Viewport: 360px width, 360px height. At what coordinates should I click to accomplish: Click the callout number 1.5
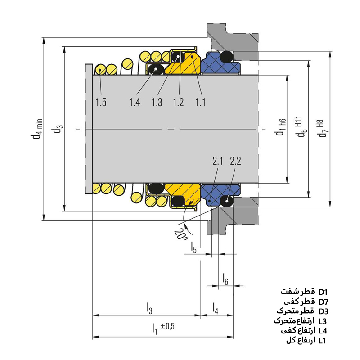[x=101, y=103]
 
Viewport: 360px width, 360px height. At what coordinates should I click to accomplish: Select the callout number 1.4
[x=135, y=103]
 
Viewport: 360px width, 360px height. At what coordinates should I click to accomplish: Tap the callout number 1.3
[x=157, y=103]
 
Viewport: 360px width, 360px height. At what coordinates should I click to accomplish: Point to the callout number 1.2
[x=178, y=103]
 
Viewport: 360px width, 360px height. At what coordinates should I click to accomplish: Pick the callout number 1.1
[x=200, y=103]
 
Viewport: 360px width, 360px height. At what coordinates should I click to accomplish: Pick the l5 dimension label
[x=193, y=247]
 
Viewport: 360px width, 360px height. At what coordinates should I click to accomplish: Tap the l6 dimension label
[x=225, y=279]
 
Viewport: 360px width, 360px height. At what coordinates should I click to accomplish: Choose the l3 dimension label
[x=149, y=308]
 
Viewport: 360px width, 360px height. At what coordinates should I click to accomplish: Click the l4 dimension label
[x=216, y=308]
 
